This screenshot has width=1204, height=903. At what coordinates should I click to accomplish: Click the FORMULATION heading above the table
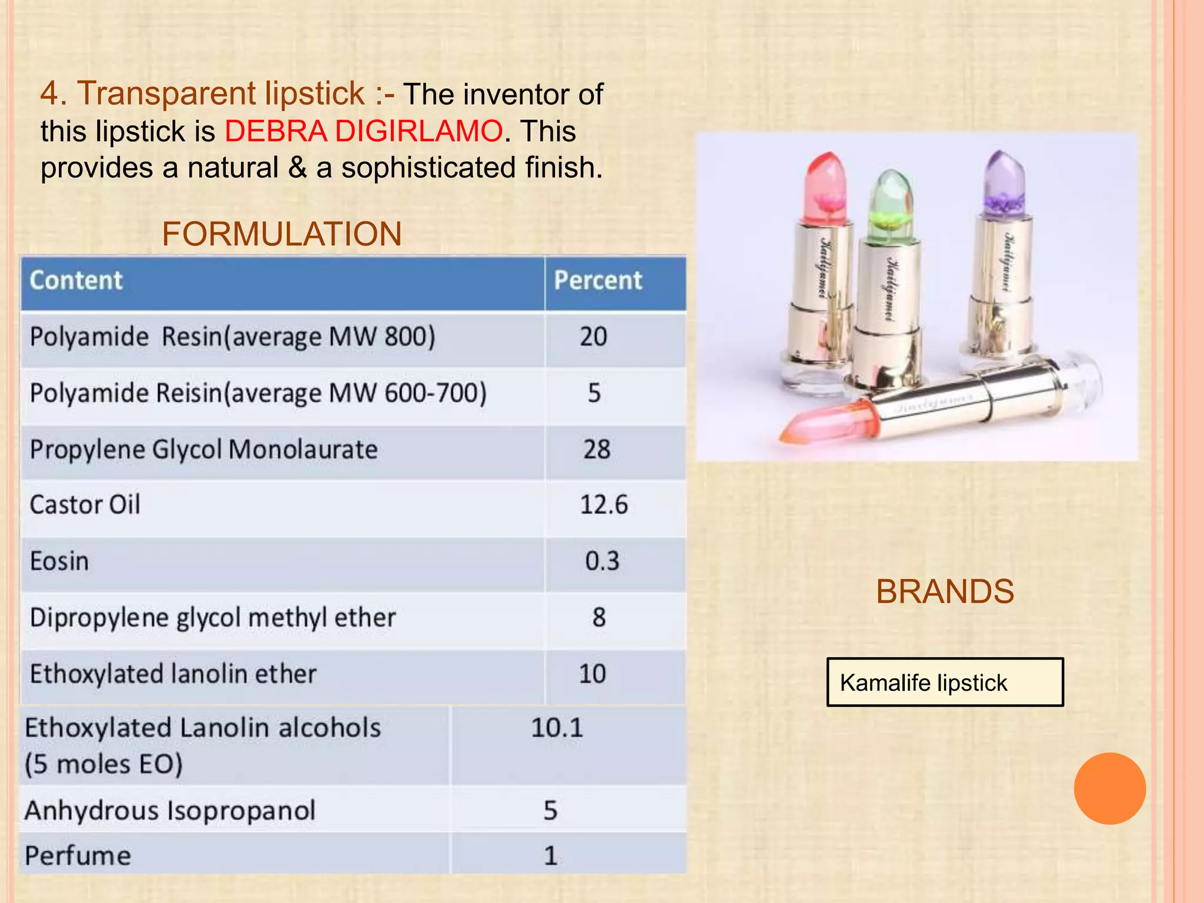point(282,234)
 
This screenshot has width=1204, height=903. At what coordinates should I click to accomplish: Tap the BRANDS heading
point(945,591)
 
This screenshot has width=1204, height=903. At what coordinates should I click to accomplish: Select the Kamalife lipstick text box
point(945,682)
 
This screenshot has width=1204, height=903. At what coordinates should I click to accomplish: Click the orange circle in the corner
point(1109,788)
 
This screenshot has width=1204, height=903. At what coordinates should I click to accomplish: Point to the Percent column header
point(598,280)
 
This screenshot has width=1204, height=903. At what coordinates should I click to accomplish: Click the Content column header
point(76,280)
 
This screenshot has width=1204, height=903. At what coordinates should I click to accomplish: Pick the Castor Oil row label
point(85,505)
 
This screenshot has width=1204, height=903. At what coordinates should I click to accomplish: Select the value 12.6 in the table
point(604,505)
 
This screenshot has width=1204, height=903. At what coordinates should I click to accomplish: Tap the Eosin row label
point(59,561)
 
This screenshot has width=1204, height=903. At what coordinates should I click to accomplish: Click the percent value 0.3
point(602,561)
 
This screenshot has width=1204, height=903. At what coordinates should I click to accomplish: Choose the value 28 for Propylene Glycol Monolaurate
point(597,450)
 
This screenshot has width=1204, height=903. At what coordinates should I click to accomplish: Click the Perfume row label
point(78,855)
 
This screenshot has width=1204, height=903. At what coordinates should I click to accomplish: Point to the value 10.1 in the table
point(557,728)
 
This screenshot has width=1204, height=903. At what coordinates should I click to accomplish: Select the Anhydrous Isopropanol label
point(170,811)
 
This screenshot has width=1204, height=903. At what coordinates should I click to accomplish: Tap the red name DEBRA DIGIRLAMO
point(364,131)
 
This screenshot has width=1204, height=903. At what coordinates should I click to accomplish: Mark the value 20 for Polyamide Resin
point(593,337)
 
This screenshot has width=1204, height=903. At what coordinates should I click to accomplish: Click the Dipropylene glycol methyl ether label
point(213,618)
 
